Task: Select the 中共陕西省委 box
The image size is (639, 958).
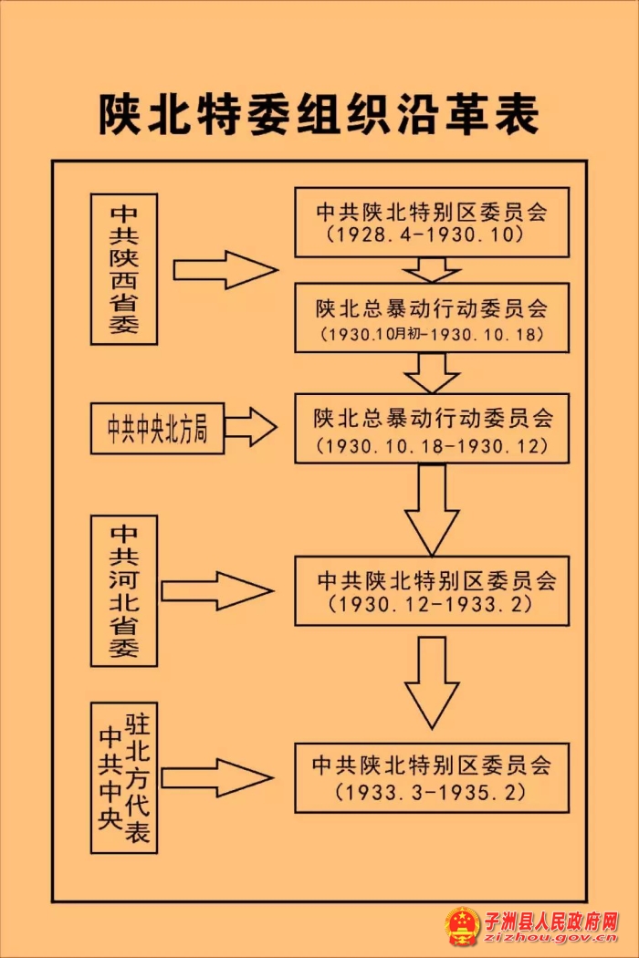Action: [x=124, y=269]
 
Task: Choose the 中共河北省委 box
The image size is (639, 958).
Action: [x=124, y=590]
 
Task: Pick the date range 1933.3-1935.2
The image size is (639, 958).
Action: [x=432, y=791]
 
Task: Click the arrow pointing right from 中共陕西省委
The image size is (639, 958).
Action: [x=225, y=270]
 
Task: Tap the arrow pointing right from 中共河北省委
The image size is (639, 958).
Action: [x=217, y=590]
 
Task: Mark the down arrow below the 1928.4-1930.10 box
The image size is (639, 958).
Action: [x=432, y=270]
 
